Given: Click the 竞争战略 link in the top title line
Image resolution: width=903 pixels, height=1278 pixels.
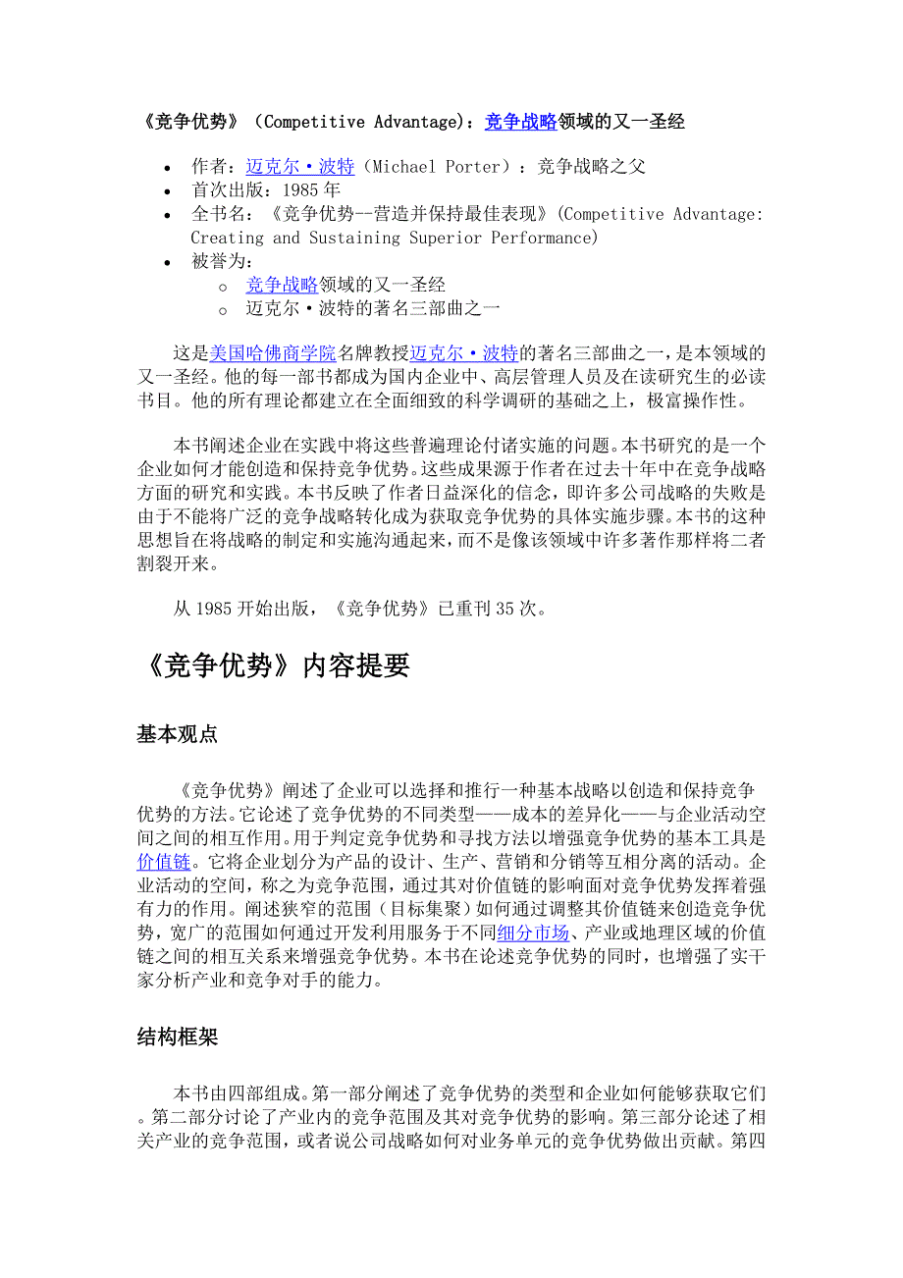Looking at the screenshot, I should [520, 122].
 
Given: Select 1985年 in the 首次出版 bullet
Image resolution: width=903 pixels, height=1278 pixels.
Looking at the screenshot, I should [310, 189].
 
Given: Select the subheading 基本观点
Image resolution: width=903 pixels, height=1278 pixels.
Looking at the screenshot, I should [177, 734].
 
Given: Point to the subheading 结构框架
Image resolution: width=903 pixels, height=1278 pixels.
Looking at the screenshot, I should [177, 1038].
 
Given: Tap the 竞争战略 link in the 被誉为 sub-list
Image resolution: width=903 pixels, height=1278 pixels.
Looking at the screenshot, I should [282, 285].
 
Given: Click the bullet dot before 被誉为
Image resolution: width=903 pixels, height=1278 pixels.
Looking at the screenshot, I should [170, 262].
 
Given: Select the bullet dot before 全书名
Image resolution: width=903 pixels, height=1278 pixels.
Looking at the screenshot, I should [170, 215].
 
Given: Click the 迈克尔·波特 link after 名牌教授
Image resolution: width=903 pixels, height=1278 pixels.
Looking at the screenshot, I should [463, 352].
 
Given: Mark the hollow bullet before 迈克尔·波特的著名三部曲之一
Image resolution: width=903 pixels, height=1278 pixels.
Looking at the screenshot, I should [224, 309].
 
